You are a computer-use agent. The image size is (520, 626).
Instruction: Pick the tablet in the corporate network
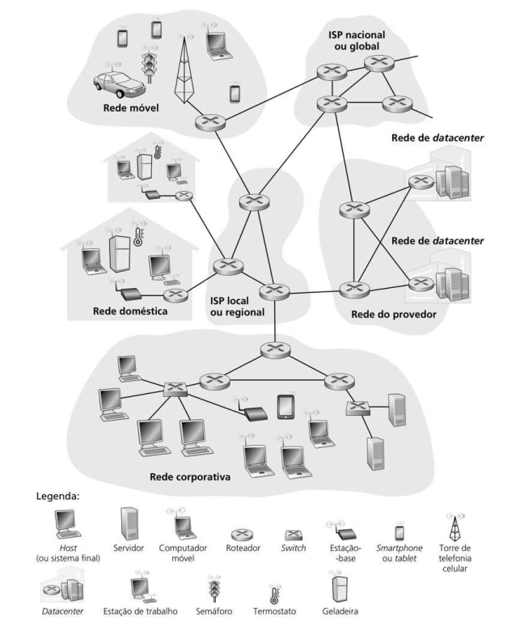tap(285, 405)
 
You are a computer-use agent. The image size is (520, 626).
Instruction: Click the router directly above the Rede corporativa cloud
tap(273, 350)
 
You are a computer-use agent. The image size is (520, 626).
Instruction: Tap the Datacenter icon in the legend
tap(70, 590)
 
